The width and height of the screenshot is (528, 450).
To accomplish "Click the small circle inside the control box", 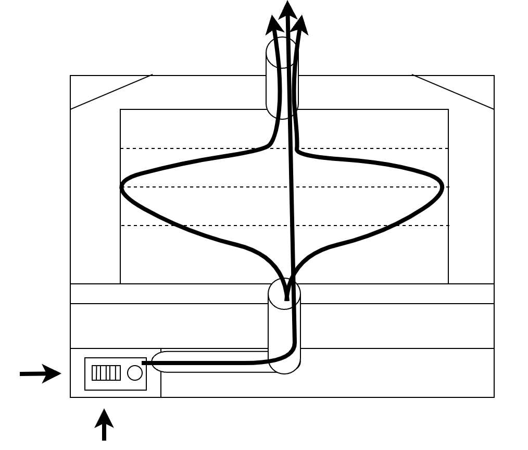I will coord(135,373).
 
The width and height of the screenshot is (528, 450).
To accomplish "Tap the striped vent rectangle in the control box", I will coord(106,373).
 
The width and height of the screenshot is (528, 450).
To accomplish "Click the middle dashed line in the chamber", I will coord(208,187).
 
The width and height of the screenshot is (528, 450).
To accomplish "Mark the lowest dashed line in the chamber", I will coord(208,226).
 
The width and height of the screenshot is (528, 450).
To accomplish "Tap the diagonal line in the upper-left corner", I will coord(111,92).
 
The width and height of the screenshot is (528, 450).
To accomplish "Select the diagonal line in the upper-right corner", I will coord(453,92).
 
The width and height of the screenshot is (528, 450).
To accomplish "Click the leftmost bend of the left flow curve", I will coord(122,187).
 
